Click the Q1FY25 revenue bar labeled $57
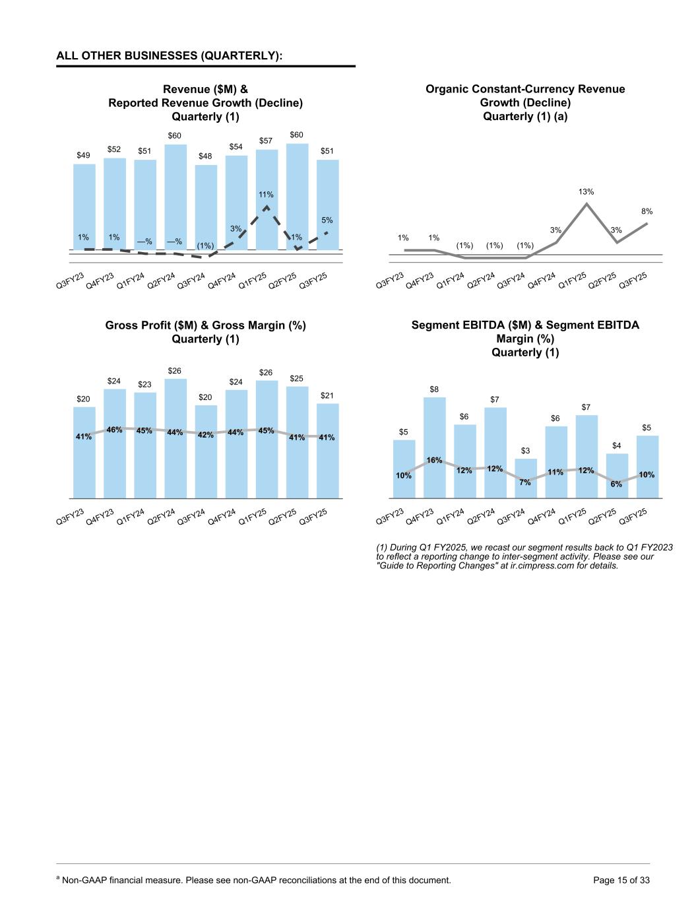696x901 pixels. (x=267, y=178)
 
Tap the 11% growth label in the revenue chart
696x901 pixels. (x=266, y=195)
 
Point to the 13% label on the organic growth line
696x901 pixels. (x=586, y=191)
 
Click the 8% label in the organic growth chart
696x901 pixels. (x=647, y=211)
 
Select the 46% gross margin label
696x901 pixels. (x=114, y=430)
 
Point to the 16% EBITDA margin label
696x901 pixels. (x=434, y=459)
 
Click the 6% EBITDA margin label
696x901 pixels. (x=616, y=484)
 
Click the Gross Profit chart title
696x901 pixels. (x=205, y=332)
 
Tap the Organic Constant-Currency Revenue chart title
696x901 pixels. (x=525, y=102)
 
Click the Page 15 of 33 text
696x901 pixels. (x=621, y=880)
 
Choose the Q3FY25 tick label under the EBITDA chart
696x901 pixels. (x=633, y=516)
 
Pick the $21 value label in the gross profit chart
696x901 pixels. (x=327, y=395)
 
